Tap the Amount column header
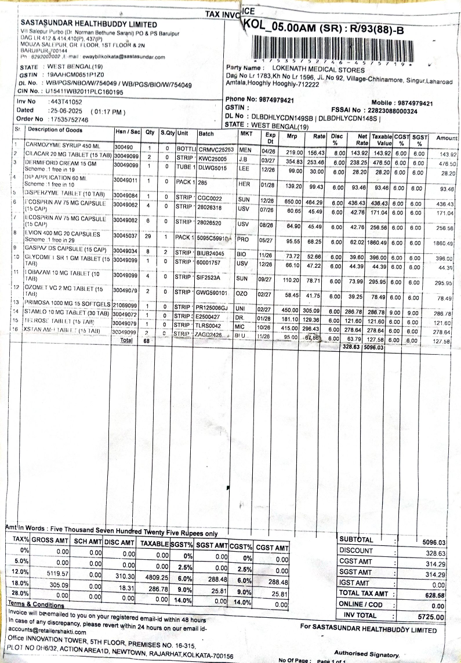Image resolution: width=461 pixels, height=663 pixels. (447, 137)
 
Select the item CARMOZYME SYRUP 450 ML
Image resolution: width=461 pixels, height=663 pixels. (63, 144)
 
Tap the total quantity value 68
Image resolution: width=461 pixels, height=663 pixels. (146, 341)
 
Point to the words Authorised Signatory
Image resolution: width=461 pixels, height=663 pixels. (366, 654)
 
